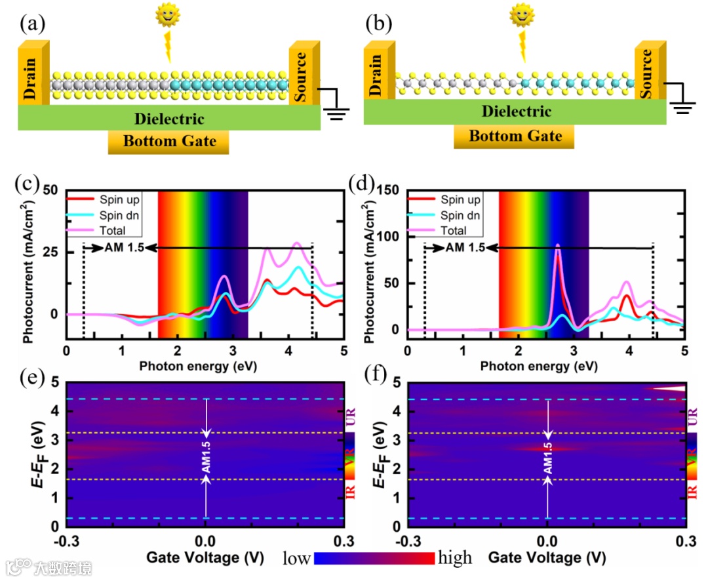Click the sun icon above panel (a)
[167, 15]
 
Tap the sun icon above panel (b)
[522, 14]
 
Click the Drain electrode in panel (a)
[31, 73]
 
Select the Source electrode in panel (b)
[648, 71]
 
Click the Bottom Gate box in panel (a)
[169, 141]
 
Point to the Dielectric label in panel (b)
[515, 111]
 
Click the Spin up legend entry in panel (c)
[120, 199]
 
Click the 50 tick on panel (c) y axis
[52, 191]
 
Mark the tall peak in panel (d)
[557, 247]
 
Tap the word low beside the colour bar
[297, 558]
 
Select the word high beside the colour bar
[455, 558]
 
